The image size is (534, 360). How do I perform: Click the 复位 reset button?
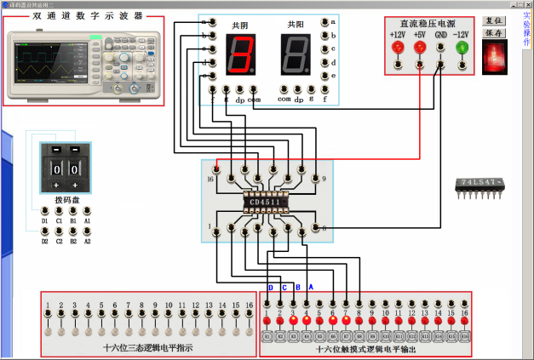(493, 20)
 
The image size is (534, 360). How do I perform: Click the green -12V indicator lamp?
(462, 48)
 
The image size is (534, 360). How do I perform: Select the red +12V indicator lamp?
(397, 48)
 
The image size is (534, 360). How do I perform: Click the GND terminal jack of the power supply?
(440, 48)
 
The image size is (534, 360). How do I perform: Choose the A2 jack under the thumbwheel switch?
(87, 230)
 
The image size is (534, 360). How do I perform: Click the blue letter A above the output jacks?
(310, 287)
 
